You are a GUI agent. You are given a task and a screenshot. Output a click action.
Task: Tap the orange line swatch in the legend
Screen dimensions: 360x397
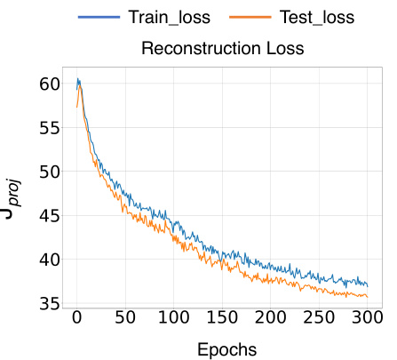pyautogui.click(x=250, y=17)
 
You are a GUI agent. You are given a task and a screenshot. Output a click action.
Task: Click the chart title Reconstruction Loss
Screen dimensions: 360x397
pyautogui.click(x=223, y=48)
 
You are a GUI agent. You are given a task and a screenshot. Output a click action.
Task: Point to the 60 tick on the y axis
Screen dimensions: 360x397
pyautogui.click(x=49, y=84)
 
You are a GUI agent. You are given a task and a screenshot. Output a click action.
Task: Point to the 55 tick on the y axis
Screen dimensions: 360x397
pyautogui.click(x=49, y=128)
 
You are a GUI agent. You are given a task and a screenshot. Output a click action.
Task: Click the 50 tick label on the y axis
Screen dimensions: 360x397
pyautogui.click(x=49, y=172)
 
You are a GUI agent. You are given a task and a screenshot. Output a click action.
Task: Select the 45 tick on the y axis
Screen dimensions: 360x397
pyautogui.click(x=49, y=216)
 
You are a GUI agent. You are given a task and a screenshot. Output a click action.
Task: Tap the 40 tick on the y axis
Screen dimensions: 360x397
pyautogui.click(x=49, y=260)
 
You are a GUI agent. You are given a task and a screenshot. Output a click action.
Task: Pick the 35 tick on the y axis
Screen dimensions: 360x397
pyautogui.click(x=49, y=304)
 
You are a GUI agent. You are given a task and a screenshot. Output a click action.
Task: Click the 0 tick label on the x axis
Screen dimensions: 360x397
pyautogui.click(x=77, y=317)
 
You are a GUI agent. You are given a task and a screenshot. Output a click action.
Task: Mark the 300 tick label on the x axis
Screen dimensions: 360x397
pyautogui.click(x=367, y=317)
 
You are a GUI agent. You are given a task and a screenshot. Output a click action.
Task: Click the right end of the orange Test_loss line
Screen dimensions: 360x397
pyautogui.click(x=368, y=296)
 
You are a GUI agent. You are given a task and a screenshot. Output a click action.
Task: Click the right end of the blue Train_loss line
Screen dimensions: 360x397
pyautogui.click(x=368, y=285)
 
